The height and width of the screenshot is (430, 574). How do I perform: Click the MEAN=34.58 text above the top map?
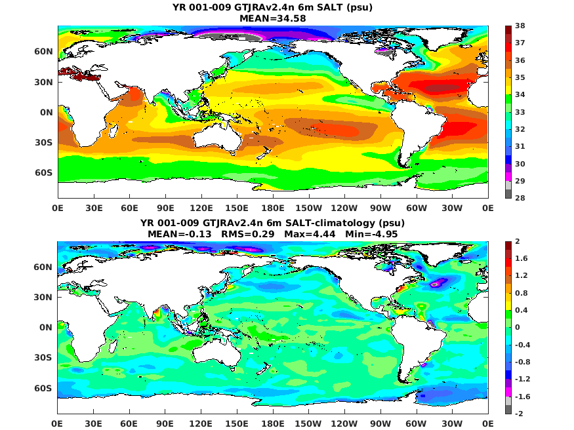coord(273,18)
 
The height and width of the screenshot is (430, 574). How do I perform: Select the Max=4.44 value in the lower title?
coord(310,234)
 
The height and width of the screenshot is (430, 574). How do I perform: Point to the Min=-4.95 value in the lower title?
coord(371,234)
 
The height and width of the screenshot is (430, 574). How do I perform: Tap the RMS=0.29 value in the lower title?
coord(248,234)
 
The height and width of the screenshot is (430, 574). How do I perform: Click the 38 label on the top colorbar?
coord(520,26)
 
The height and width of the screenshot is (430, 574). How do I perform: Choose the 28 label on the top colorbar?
coord(520,198)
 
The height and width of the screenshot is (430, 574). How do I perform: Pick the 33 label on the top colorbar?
coord(520,112)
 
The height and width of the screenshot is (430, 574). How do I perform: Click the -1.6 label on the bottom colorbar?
coord(522,397)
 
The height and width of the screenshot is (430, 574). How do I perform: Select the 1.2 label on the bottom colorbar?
coord(522,275)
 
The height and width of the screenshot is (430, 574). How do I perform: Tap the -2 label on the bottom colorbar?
coord(519,414)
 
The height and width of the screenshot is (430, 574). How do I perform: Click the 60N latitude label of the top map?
coord(43,52)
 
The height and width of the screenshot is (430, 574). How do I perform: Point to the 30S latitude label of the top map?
coord(43,142)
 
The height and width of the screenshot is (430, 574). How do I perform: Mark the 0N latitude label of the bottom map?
coord(46,327)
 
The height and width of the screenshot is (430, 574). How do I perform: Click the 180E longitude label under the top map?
coord(273,208)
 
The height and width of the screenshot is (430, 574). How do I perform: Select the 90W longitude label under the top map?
coord(380,208)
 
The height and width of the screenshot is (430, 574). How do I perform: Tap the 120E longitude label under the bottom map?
coord(201,423)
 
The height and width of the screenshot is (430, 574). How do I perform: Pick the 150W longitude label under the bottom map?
coord(308,423)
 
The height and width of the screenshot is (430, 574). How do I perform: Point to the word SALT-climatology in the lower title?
coord(330,223)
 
